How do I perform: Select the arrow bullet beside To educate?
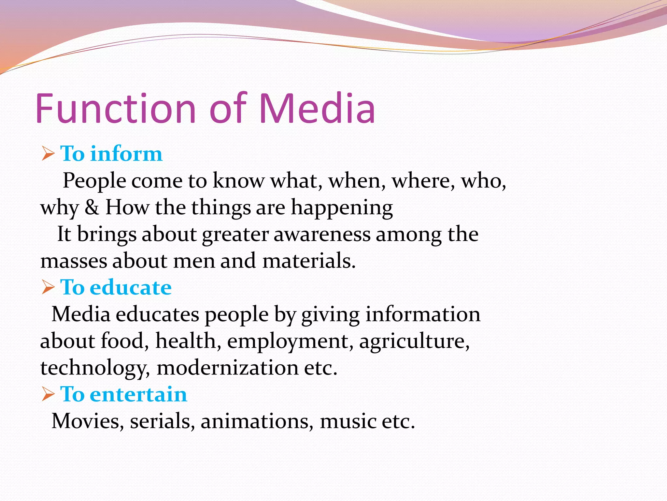[48, 287]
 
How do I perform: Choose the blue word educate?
[131, 287]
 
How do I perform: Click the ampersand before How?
[92, 207]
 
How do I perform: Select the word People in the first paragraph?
[94, 181]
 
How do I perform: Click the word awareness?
[322, 234]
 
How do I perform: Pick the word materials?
[309, 261]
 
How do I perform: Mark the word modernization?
[227, 368]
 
